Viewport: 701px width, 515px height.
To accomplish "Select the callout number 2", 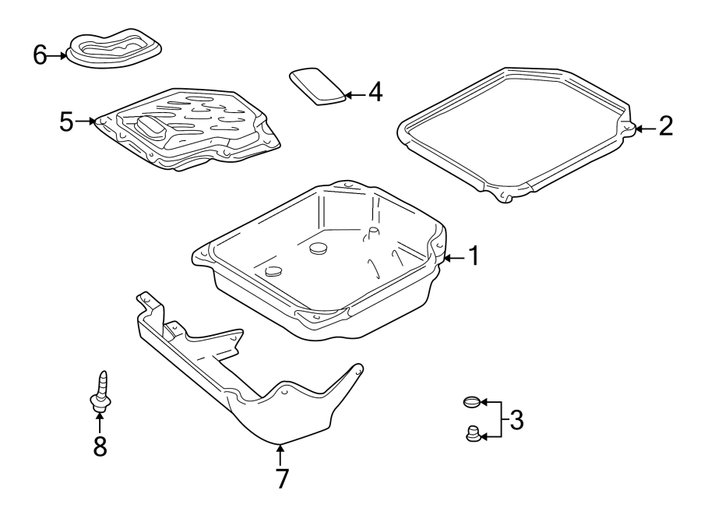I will coord(664,127).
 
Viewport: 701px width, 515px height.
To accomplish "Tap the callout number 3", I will coord(515,421).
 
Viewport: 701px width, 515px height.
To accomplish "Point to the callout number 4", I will coord(375,93).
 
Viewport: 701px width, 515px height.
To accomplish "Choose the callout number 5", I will coord(67,122).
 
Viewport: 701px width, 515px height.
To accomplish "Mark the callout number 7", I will coord(281,478).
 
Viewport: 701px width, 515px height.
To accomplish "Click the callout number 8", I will coord(100,446).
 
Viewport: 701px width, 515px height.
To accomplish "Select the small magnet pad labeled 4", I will coord(318,85).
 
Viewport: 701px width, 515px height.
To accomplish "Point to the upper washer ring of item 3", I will coord(470,403).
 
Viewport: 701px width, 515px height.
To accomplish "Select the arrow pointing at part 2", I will coord(643,128).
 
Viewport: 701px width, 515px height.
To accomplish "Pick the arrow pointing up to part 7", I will coord(280,454).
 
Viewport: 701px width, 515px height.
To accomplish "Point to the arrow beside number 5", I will coord(86,122).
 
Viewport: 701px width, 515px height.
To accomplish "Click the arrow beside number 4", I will coord(354,94).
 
